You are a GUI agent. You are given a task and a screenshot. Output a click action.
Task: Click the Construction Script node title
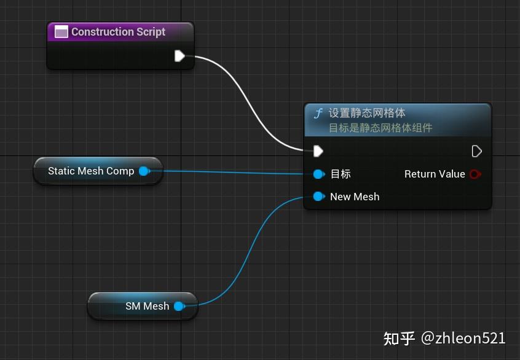118,32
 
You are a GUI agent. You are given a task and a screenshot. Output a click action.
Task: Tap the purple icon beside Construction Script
61,32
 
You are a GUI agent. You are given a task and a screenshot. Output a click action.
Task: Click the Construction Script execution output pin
179,57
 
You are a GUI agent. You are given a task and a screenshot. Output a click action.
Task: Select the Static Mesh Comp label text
91,171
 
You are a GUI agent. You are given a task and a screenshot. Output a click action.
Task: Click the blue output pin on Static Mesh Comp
144,171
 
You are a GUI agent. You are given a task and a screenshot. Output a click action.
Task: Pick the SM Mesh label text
147,306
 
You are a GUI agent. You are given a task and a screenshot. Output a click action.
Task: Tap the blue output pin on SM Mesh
178,306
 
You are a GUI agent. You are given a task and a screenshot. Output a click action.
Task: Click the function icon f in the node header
318,114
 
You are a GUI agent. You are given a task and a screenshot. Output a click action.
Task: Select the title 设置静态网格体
367,113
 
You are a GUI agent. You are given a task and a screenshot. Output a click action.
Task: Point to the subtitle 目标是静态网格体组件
380,128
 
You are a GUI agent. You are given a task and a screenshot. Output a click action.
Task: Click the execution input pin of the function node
318,151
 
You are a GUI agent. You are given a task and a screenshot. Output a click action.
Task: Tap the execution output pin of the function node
476,151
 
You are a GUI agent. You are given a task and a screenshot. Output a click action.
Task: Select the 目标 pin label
341,174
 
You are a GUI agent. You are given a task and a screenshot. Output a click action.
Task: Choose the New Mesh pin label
355,197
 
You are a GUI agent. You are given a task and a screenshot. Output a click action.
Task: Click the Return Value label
435,174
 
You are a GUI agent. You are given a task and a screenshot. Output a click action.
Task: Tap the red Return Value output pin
475,174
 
